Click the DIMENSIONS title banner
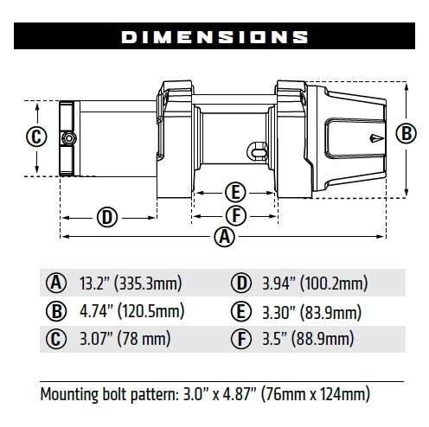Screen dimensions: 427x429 click(x=214, y=36)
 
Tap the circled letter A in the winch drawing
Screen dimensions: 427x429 click(x=225, y=236)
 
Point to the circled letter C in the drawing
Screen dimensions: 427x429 click(x=35, y=137)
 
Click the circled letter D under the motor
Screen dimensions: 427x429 click(x=106, y=216)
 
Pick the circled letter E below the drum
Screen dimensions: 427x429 click(x=234, y=191)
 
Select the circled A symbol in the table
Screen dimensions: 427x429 click(x=55, y=283)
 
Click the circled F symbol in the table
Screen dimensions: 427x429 click(x=240, y=340)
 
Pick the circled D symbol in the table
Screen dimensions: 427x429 click(x=240, y=283)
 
